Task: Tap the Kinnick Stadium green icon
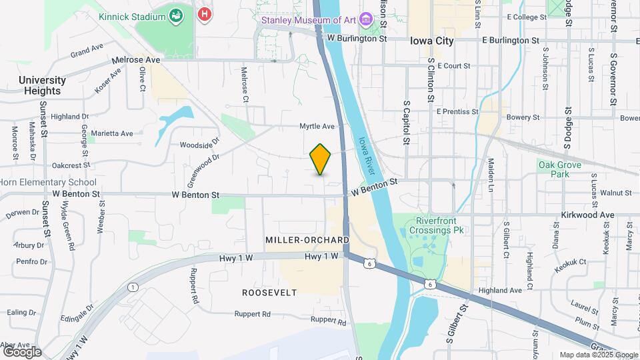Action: tap(177, 15)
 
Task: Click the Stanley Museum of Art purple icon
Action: tap(366, 20)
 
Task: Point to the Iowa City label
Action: tap(432, 41)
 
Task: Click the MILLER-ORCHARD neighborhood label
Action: tap(307, 239)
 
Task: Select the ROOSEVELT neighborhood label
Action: tap(269, 293)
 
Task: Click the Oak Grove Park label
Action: tap(560, 169)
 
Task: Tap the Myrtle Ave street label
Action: tap(317, 126)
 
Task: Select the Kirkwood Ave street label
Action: tap(589, 215)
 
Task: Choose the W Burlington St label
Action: tap(357, 39)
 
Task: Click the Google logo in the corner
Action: tap(22, 352)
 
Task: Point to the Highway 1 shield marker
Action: tap(133, 287)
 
